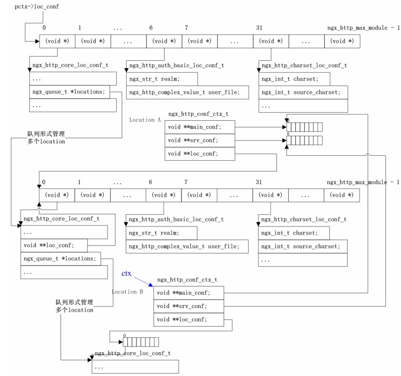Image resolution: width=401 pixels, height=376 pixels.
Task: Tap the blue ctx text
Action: point(127,273)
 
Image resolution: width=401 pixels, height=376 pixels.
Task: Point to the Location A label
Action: point(145,120)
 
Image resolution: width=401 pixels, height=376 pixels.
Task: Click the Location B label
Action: point(127,292)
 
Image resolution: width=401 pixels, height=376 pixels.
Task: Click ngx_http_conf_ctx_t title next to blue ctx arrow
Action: point(187,280)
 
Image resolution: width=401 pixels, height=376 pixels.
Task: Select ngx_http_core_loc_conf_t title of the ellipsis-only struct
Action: point(133,354)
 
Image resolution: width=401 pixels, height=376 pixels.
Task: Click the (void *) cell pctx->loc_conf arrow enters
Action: point(57,41)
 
